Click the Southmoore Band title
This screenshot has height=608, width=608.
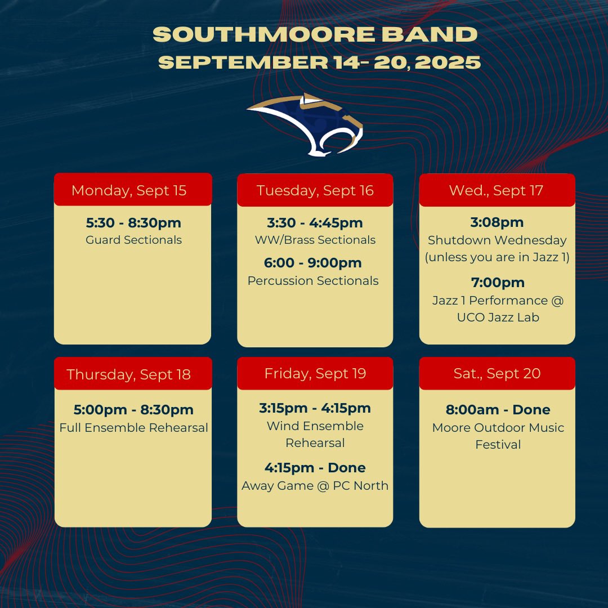click(315, 35)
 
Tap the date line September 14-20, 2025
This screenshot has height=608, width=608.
click(319, 62)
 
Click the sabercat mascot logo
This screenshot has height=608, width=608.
click(306, 124)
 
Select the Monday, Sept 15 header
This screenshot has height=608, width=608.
click(129, 190)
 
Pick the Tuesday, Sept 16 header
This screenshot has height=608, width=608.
click(315, 190)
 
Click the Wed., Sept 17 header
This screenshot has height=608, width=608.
click(496, 190)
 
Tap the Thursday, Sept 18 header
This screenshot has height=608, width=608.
click(129, 374)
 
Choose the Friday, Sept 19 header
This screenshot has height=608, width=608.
click(315, 373)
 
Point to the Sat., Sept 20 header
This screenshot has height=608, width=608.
click(497, 373)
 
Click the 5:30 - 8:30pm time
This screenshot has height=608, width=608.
click(133, 223)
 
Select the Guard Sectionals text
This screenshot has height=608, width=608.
click(133, 240)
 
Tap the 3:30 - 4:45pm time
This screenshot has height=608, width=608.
click(315, 223)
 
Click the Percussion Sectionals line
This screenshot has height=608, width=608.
click(313, 280)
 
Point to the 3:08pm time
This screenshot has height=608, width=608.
click(497, 222)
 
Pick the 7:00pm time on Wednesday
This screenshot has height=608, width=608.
click(498, 283)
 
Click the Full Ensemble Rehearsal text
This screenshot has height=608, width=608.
click(133, 427)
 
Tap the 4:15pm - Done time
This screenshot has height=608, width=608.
click(315, 468)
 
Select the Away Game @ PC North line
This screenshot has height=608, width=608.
click(315, 485)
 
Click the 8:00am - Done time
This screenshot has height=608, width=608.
click(498, 410)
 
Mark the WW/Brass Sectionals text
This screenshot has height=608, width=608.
click(315, 240)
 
